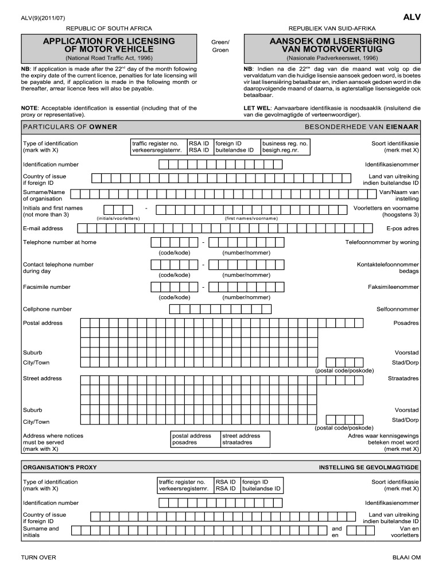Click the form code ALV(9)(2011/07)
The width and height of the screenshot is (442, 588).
click(x=43, y=18)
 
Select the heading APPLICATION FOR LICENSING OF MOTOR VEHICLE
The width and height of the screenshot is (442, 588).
click(x=109, y=45)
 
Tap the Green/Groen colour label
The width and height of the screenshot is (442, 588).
click(x=220, y=46)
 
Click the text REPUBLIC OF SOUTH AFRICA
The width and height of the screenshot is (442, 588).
click(x=109, y=29)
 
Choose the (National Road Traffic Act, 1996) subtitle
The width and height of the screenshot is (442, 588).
click(x=109, y=59)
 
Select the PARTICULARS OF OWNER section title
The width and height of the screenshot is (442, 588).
click(x=70, y=127)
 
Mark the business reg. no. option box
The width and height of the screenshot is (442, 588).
click(x=285, y=147)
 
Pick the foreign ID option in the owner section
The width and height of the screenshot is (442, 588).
click(x=235, y=147)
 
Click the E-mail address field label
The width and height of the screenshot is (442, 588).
click(x=43, y=229)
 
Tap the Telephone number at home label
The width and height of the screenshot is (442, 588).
click(x=60, y=242)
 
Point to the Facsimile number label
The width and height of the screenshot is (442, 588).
click(x=47, y=287)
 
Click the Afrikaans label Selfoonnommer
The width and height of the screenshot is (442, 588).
click(x=397, y=310)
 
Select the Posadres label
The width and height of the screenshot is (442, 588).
click(x=406, y=323)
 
